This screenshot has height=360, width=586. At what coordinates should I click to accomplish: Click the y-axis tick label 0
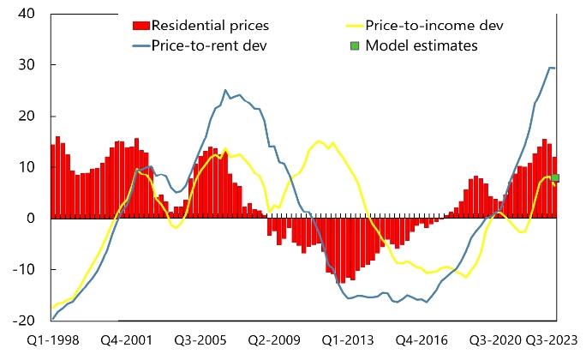30,219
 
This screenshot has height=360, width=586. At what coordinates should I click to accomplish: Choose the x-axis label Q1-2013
347,340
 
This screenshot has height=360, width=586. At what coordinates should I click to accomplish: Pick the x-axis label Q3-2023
551,340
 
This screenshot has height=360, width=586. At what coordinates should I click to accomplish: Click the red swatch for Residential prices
141,26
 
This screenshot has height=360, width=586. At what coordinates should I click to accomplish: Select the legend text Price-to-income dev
434,26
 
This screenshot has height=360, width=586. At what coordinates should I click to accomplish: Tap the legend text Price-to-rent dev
210,45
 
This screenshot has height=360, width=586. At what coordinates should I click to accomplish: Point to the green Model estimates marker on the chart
555,178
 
